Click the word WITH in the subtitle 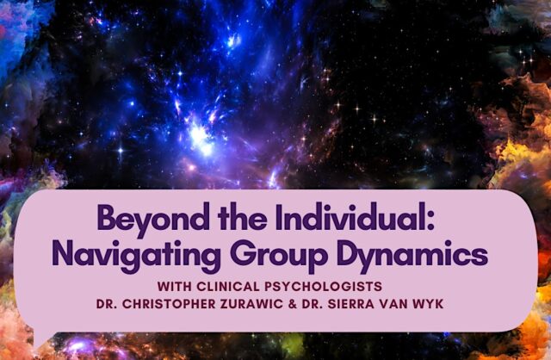(x=174, y=287)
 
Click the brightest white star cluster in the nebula (x=200, y=138)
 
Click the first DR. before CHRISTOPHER (x=107, y=304)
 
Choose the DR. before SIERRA (x=312, y=304)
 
